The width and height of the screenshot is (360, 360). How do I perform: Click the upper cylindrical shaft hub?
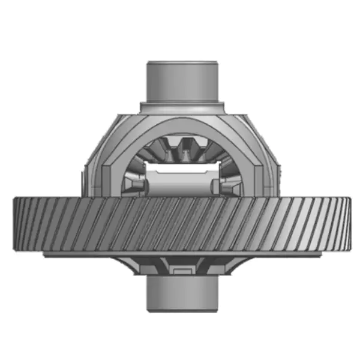181,81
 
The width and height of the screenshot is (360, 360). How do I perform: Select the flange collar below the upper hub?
181,107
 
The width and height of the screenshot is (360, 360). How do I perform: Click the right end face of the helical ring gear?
346,225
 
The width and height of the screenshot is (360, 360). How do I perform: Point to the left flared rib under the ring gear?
135,264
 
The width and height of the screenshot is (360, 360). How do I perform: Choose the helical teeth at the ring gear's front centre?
180,226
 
